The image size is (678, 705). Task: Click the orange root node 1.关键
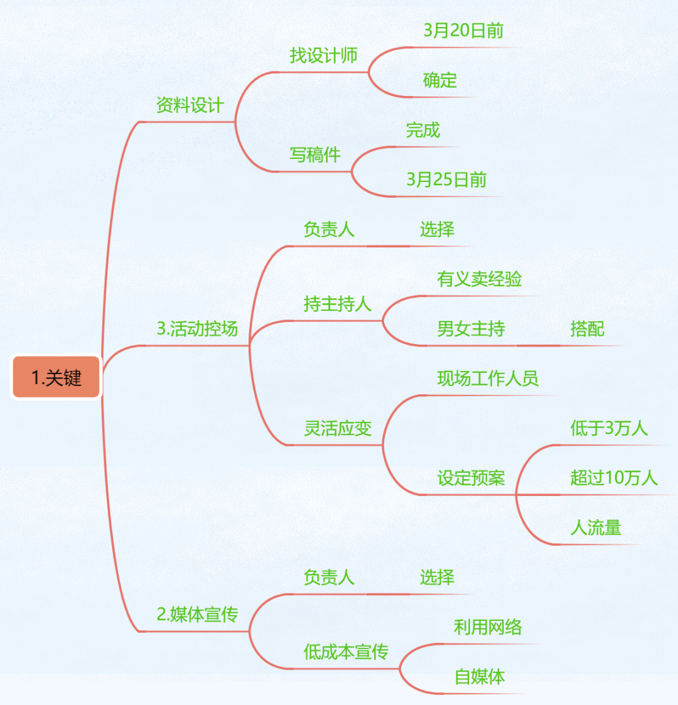tap(56, 377)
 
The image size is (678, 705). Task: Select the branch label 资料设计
tap(190, 105)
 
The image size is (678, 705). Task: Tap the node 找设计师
tap(323, 56)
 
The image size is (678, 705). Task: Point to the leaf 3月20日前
tap(463, 31)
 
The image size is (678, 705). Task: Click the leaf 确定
tap(439, 80)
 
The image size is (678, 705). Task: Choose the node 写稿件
tap(315, 155)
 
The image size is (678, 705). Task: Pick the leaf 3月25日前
tap(446, 180)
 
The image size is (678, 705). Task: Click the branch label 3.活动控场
tap(197, 329)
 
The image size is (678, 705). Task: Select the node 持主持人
tap(337, 304)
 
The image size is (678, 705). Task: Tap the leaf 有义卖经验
tap(479, 279)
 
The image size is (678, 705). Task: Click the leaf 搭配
tap(587, 329)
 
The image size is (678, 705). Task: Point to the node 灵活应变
tap(338, 428)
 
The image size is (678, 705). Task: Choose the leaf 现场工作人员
tap(488, 379)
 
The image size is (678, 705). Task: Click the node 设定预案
tap(471, 478)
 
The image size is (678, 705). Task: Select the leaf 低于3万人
tap(609, 428)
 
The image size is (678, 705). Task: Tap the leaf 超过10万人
tap(614, 478)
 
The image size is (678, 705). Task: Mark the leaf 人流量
tap(596, 528)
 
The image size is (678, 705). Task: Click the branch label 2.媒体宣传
tap(197, 615)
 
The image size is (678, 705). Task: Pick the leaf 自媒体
tap(479, 677)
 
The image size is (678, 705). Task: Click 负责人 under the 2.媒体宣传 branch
tap(329, 578)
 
